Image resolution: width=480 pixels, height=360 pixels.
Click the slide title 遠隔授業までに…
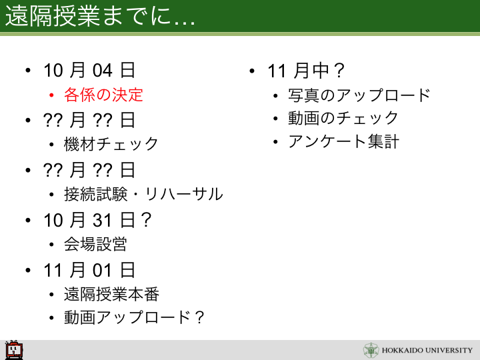(x=100, y=16)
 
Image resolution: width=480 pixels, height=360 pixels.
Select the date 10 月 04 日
(x=89, y=70)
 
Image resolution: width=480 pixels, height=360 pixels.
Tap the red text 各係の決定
(x=103, y=95)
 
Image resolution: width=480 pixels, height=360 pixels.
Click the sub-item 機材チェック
(x=111, y=144)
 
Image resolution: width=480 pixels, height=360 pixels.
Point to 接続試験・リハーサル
(x=143, y=194)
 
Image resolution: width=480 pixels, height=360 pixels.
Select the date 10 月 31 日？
(x=97, y=220)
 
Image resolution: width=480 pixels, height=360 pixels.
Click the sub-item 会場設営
(x=95, y=244)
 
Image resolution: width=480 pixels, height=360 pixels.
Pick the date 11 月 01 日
(x=89, y=270)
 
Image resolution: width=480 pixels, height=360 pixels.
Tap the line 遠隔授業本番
(x=111, y=294)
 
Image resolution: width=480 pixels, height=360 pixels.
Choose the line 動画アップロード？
(x=134, y=317)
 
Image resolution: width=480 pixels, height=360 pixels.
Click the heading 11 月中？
(x=306, y=71)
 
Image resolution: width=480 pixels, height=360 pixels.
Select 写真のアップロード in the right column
(x=359, y=95)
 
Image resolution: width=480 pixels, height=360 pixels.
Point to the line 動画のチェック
(x=343, y=118)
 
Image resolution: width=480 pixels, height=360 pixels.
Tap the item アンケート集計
(x=344, y=141)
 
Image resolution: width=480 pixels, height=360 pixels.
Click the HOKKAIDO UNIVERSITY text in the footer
(x=427, y=350)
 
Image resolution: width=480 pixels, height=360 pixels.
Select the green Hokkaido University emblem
(x=371, y=350)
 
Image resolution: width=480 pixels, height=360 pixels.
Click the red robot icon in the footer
(x=14, y=349)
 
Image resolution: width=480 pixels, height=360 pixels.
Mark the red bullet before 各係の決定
(x=51, y=95)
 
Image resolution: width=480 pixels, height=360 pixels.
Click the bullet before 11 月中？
(x=252, y=71)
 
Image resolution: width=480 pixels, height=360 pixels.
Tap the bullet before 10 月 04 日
(x=28, y=71)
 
